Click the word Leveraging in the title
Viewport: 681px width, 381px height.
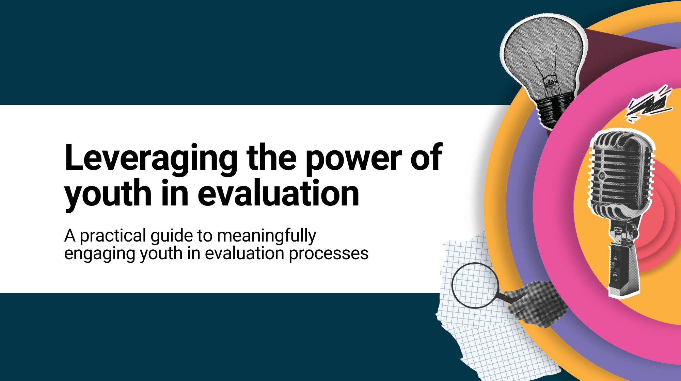click(151, 159)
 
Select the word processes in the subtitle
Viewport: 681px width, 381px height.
click(329, 254)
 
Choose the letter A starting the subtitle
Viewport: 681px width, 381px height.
click(70, 236)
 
